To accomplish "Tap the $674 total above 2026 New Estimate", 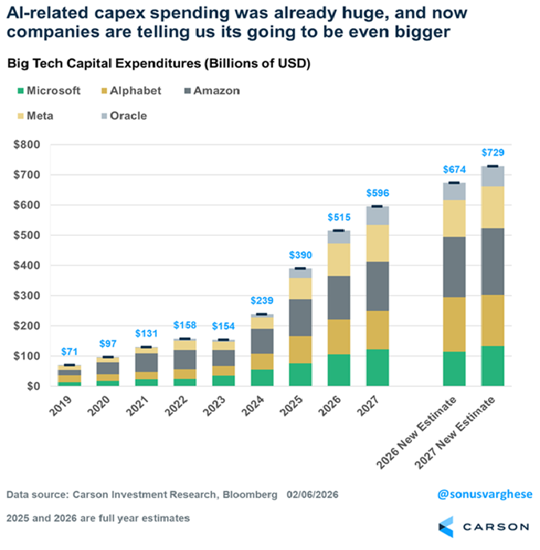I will [x=455, y=169].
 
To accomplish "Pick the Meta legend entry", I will [x=40, y=116].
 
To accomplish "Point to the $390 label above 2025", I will [x=300, y=255].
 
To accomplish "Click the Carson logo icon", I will [x=446, y=526].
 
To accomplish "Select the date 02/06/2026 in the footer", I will [x=313, y=496].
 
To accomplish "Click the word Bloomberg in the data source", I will [x=250, y=496].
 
